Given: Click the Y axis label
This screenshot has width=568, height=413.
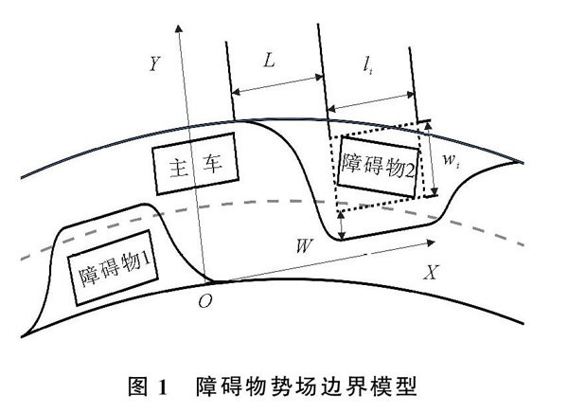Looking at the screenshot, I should click(154, 64).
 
